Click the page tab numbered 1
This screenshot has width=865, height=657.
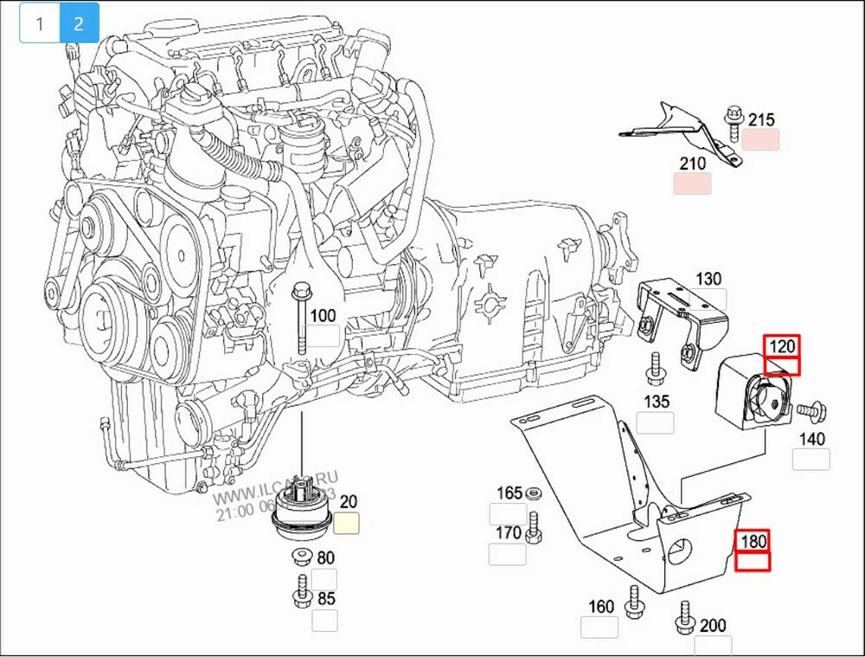(39, 23)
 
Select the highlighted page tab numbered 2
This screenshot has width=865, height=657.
(79, 23)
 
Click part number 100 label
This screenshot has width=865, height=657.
(323, 316)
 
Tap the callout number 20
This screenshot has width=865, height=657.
(349, 501)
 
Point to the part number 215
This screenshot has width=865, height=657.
(761, 120)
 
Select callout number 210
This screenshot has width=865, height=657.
(692, 163)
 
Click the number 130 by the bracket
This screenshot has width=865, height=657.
(708, 279)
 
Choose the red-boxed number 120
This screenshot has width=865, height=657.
(782, 346)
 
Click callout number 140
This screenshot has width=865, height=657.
(812, 439)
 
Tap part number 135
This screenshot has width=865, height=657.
(657, 402)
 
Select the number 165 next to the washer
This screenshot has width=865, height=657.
(509, 493)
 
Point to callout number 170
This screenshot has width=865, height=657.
(509, 532)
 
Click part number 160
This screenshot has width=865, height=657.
(601, 607)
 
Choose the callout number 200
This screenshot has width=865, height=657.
(713, 625)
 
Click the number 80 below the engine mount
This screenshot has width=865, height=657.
(326, 558)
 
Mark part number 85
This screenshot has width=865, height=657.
(326, 598)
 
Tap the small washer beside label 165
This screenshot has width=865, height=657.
(534, 493)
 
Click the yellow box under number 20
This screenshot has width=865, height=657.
(347, 523)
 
